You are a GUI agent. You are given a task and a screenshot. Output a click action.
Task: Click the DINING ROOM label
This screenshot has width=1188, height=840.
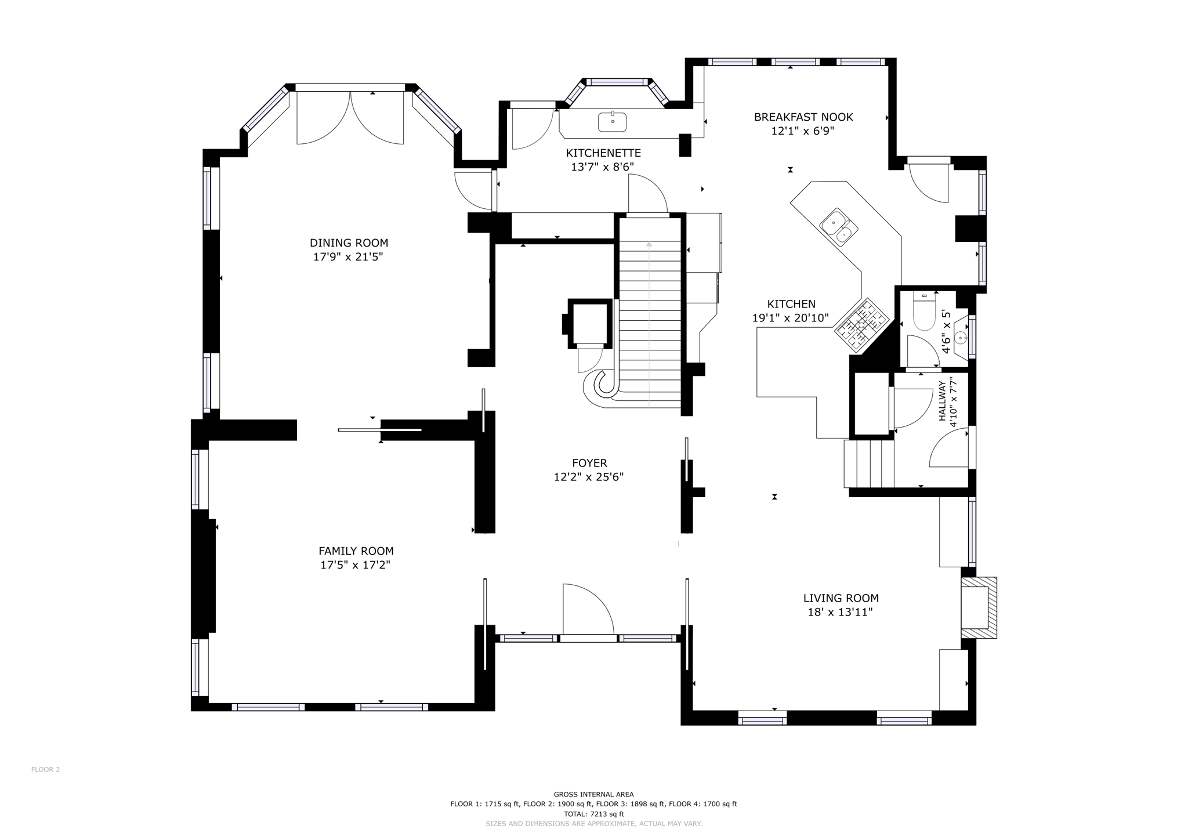349,243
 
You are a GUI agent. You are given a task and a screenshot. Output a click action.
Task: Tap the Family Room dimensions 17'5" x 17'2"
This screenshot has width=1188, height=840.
355,565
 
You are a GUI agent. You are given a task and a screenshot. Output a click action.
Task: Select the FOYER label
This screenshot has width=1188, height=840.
589,463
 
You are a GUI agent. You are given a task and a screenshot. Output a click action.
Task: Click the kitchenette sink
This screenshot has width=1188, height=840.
613,122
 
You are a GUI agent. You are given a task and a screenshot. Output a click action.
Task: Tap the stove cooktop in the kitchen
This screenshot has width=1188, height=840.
862,325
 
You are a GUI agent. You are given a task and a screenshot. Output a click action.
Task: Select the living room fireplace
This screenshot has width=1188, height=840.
978,607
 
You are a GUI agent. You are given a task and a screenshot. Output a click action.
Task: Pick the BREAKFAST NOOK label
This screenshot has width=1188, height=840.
803,117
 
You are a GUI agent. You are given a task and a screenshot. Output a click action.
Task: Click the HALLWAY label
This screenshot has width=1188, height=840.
943,401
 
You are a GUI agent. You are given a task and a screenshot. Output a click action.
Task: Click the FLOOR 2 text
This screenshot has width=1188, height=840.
45,770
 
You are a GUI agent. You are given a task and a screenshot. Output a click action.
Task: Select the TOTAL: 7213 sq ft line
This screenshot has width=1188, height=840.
593,814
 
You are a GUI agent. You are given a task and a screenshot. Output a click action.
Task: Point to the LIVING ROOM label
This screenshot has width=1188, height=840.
841,598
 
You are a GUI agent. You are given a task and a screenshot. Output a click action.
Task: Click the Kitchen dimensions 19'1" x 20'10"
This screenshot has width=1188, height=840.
790,318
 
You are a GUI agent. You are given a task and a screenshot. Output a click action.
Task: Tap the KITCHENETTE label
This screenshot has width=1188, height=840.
603,153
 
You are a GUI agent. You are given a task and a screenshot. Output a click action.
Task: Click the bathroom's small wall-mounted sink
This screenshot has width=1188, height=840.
962,338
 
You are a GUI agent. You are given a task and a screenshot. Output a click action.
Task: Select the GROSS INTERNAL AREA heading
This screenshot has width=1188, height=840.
593,795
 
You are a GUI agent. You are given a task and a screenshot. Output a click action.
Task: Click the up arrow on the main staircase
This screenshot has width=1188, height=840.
649,244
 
